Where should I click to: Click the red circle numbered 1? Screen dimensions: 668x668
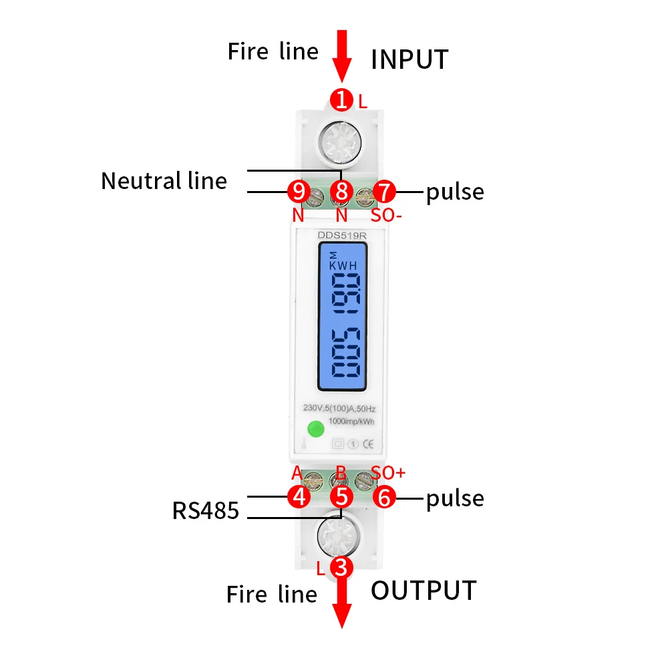341,101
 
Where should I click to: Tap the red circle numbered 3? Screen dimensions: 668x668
341,568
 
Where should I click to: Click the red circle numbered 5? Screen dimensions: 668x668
341,496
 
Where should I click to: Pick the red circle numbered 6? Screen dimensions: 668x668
385,496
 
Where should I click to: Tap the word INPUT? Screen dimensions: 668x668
409,59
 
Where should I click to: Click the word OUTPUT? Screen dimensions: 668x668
424,591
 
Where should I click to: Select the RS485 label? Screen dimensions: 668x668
205,511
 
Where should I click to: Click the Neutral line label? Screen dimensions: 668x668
164,181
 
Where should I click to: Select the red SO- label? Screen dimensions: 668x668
386,216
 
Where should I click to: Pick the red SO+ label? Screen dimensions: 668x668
388,473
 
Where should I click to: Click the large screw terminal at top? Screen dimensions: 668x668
341,141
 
